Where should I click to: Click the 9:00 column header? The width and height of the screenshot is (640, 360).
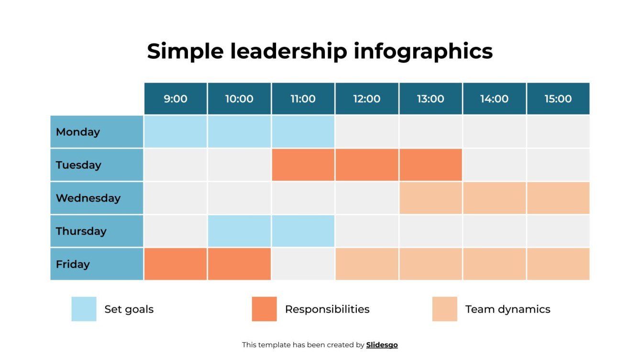tap(176, 99)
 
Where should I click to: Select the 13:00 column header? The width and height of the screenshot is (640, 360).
tap(430, 99)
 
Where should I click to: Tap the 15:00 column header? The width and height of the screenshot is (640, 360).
tap(558, 99)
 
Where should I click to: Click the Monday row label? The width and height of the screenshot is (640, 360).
tap(97, 132)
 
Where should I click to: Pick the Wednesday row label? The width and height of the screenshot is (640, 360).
tap(97, 198)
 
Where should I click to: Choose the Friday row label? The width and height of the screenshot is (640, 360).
tap(97, 264)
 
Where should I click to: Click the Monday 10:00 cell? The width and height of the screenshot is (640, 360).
tap(239, 132)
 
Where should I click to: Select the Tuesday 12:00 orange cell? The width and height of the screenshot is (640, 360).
tap(367, 165)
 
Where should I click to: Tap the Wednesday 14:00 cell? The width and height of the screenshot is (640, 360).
tap(494, 198)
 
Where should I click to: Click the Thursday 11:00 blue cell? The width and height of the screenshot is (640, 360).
tap(303, 231)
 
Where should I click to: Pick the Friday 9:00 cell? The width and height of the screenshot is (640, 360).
tap(176, 264)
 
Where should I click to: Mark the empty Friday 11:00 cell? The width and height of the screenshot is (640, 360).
tap(303, 264)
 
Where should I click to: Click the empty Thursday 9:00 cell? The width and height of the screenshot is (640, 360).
tap(176, 231)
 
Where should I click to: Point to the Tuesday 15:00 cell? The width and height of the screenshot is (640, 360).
tap(558, 165)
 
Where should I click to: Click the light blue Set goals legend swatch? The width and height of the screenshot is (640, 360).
tap(84, 309)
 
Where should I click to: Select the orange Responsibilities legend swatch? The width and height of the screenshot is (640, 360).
tap(264, 309)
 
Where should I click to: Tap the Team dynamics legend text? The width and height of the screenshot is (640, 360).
tap(508, 309)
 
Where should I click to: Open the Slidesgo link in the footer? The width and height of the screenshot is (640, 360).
tap(382, 345)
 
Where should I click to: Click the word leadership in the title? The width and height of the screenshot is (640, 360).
tap(288, 51)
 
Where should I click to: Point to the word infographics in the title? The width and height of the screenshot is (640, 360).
tap(423, 51)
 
